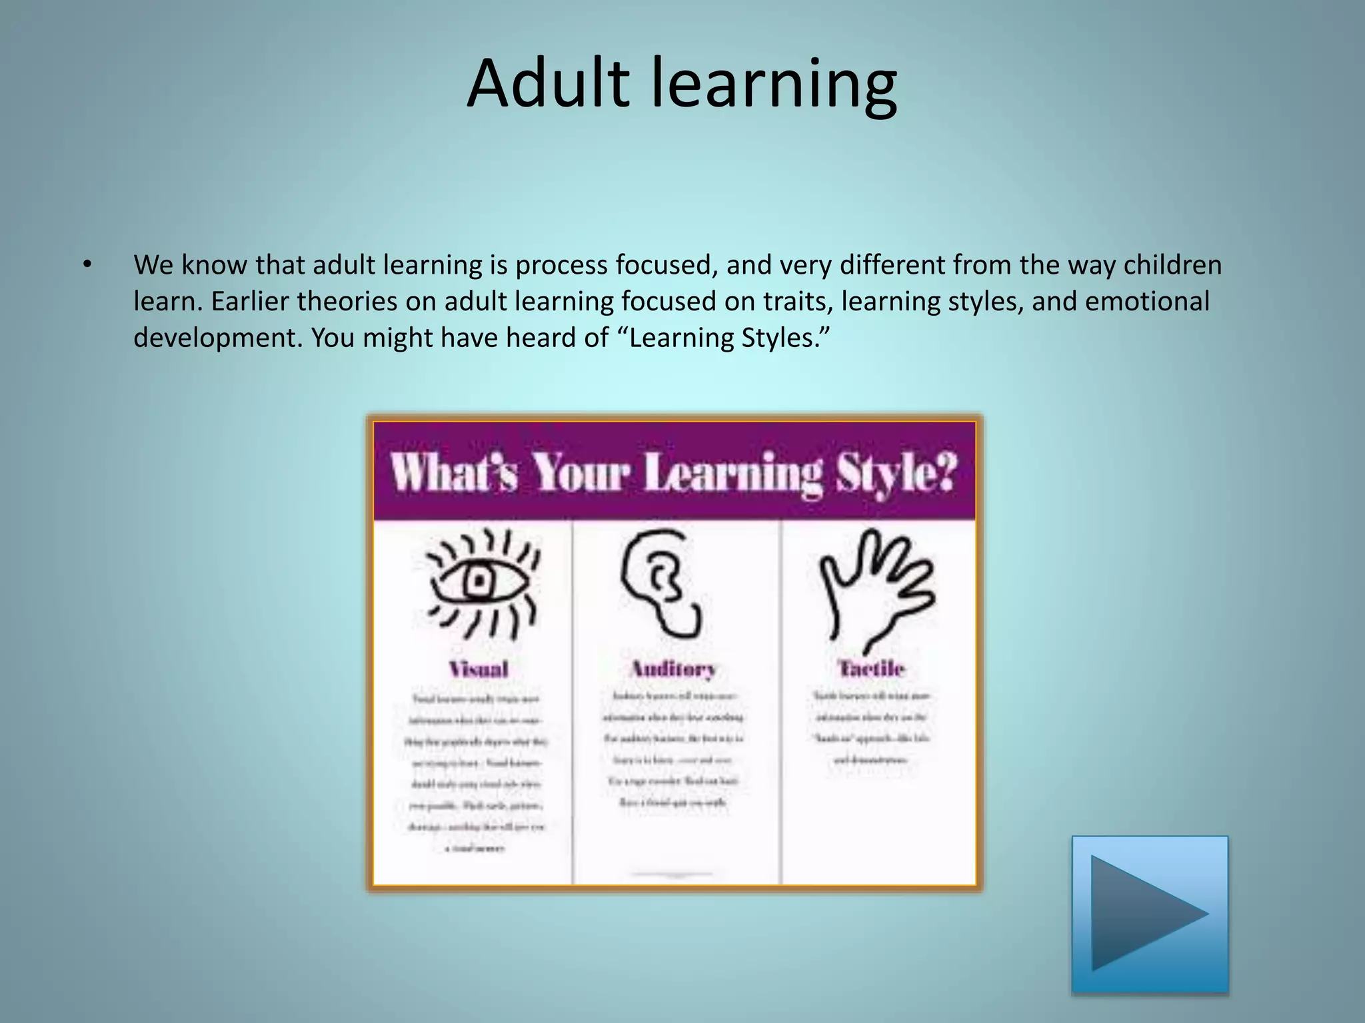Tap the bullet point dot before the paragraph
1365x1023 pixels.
coord(87,265)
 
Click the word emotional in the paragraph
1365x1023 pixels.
coord(1147,301)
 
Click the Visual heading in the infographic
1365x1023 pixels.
coord(479,669)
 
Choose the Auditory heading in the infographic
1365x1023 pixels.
coord(673,668)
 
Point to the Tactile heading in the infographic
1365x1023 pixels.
coord(871,667)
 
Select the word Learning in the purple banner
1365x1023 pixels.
coord(732,473)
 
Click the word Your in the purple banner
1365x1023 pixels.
coord(581,473)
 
